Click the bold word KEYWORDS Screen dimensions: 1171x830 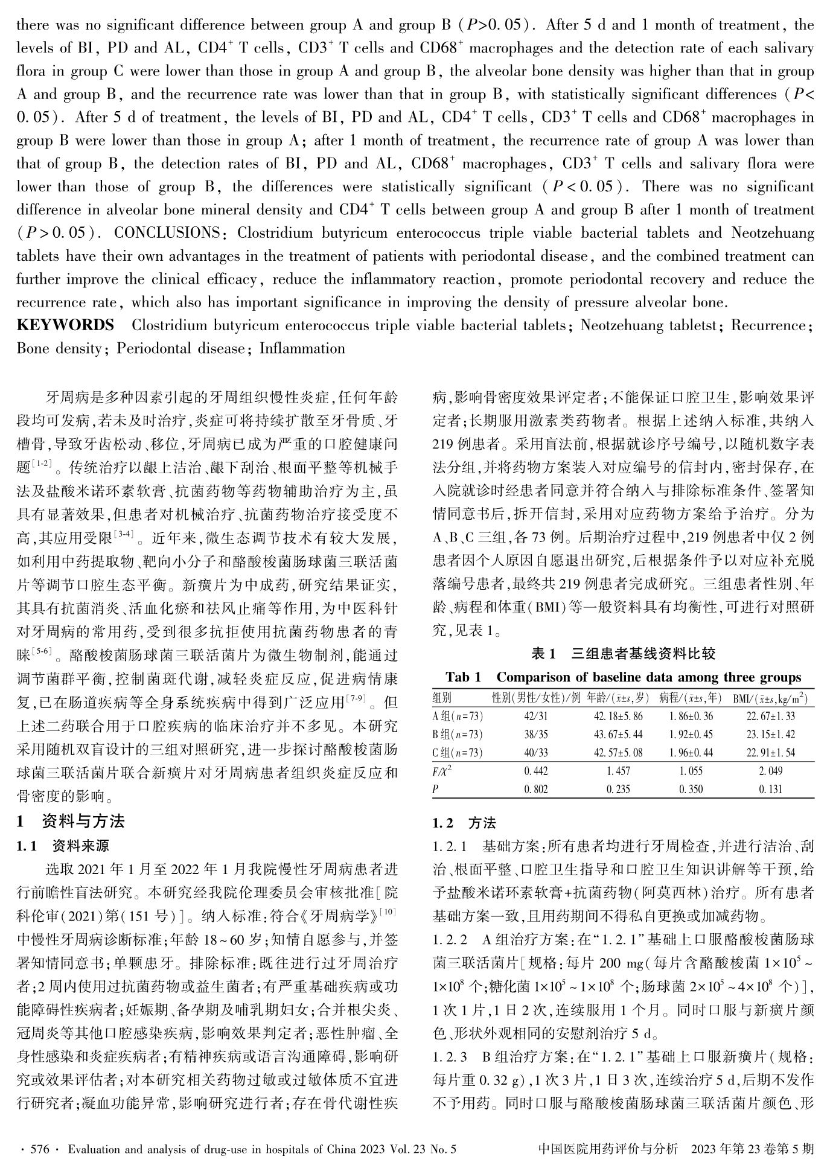click(x=65, y=325)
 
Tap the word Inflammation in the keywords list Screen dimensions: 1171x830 click(x=302, y=348)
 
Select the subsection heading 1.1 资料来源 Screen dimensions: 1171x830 click(x=63, y=845)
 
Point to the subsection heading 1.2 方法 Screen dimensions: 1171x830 click(x=464, y=823)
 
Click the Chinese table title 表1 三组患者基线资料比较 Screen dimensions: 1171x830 click(x=623, y=653)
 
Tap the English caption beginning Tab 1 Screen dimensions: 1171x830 click(x=623, y=677)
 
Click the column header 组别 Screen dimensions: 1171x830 click(x=443, y=698)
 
